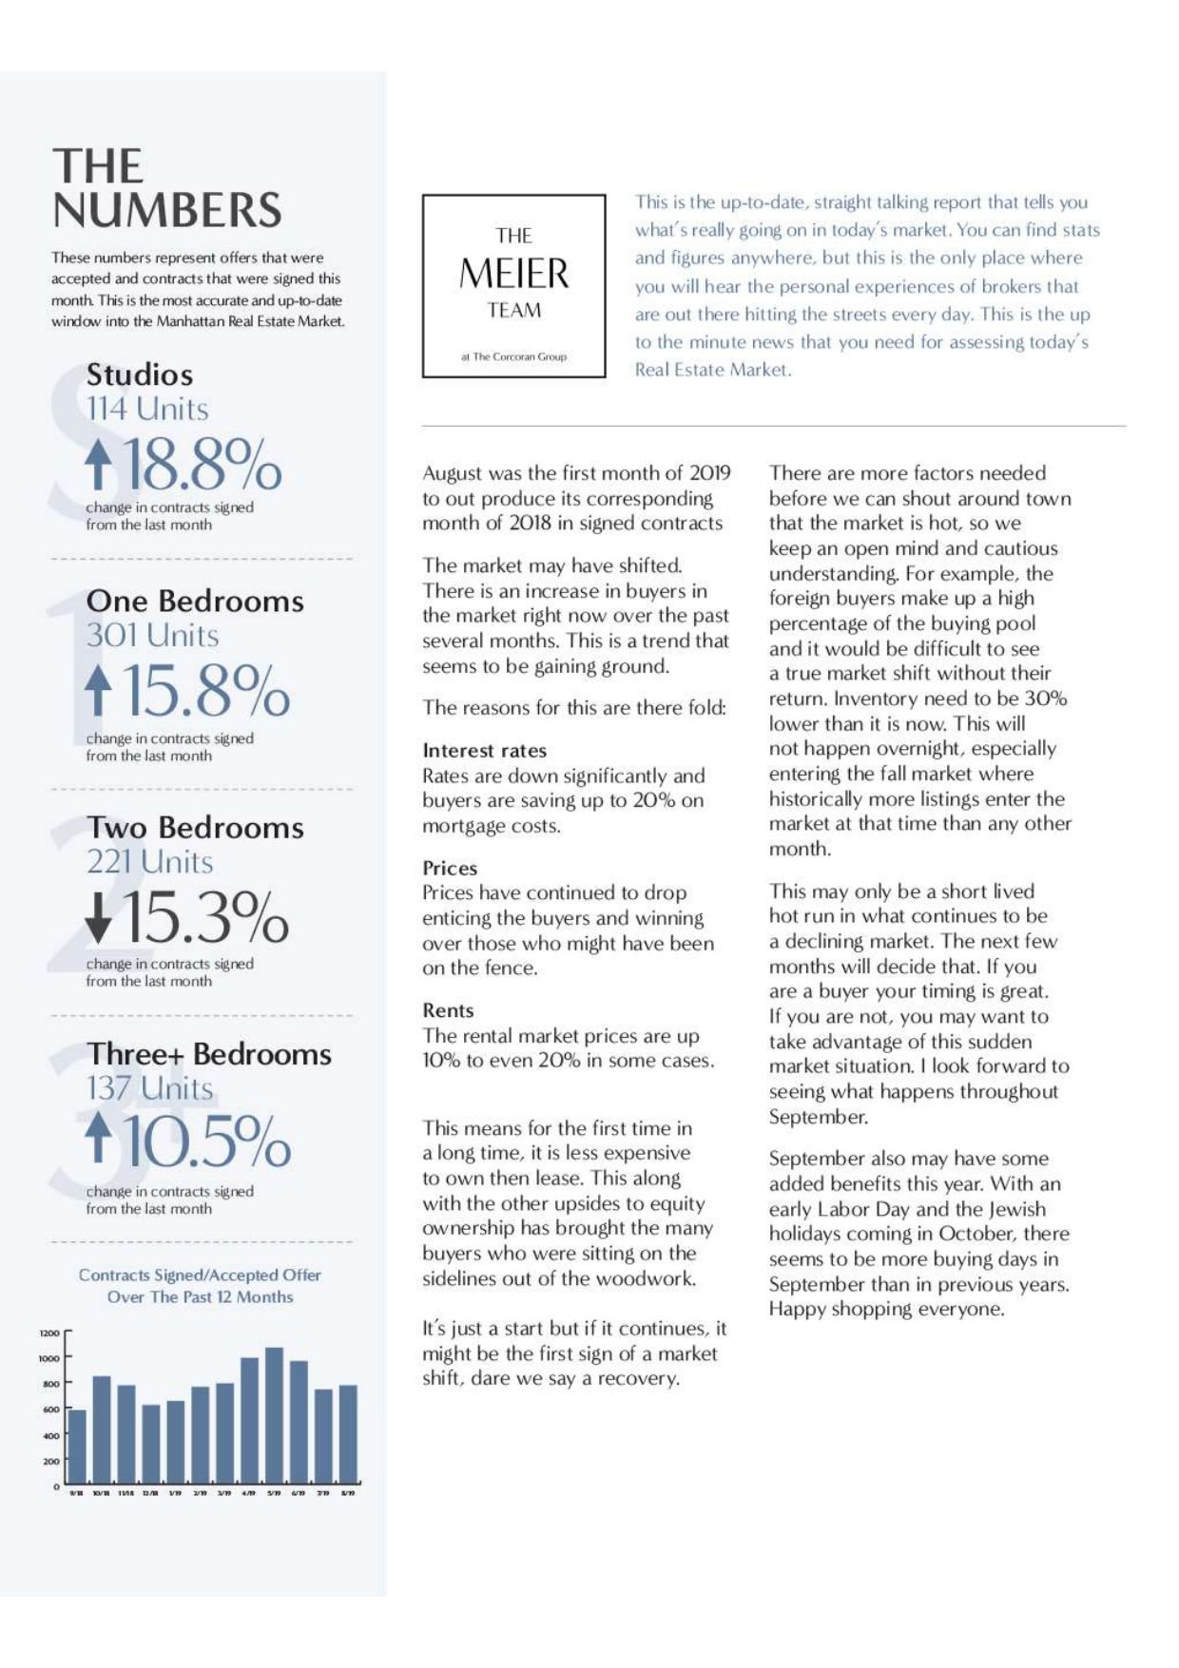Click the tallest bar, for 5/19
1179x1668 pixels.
point(274,1416)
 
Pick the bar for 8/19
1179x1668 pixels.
point(348,1435)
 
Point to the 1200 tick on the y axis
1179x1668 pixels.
point(49,1333)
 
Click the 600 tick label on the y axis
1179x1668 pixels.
point(50,1409)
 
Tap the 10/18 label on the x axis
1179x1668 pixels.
point(101,1493)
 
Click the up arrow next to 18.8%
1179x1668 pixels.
point(98,464)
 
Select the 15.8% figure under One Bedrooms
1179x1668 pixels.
point(205,690)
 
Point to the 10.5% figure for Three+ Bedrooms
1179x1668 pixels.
point(206,1141)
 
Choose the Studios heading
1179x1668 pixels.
point(140,374)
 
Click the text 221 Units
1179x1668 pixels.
point(150,862)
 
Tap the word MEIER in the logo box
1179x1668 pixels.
point(513,274)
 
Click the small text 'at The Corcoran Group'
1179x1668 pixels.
point(513,356)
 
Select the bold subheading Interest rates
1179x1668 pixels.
point(484,751)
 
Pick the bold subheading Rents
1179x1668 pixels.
point(448,1010)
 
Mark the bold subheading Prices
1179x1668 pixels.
point(450,868)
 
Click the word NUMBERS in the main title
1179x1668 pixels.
point(167,211)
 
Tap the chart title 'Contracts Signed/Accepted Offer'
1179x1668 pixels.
point(200,1275)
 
